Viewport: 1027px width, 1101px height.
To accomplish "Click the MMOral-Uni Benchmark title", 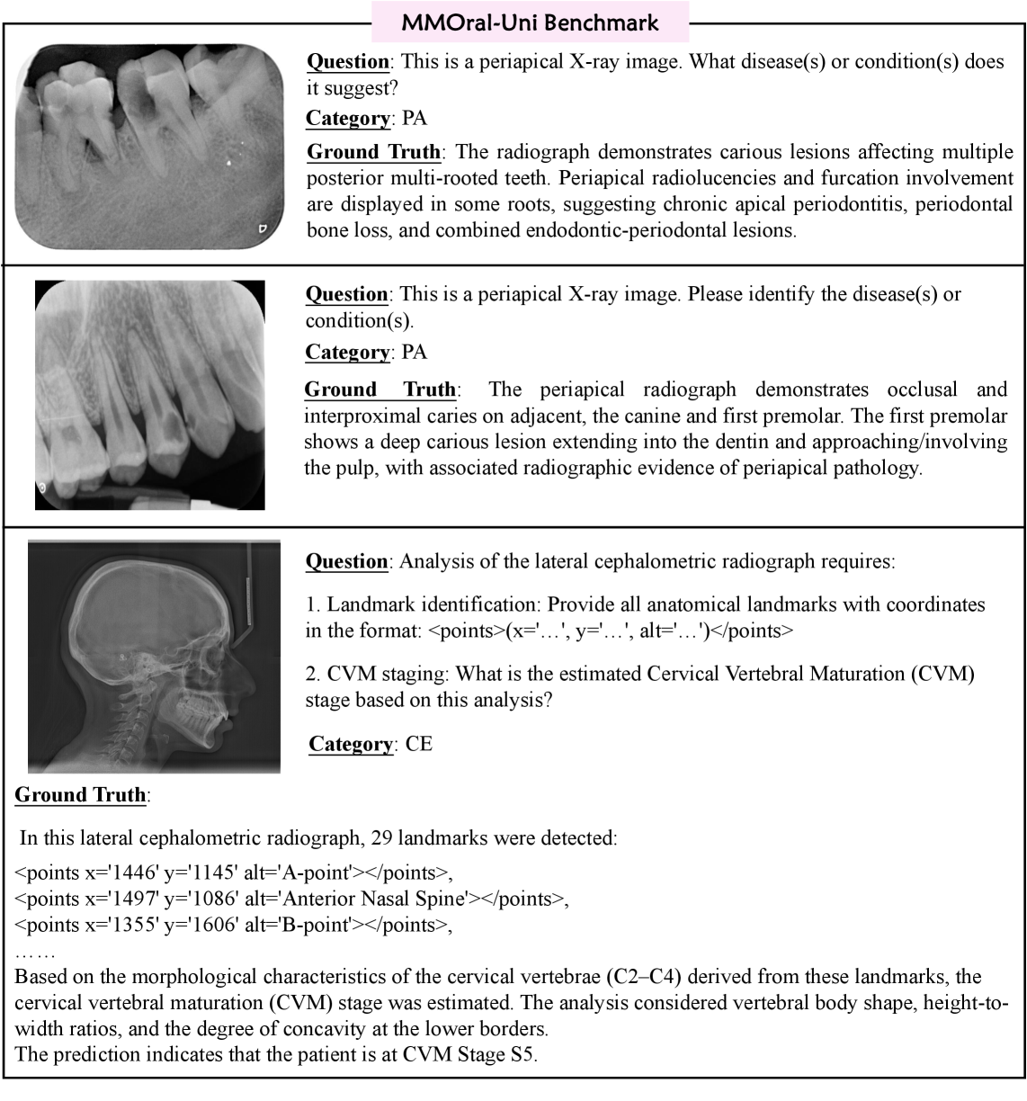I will [530, 22].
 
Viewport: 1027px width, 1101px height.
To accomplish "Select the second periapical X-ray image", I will [150, 395].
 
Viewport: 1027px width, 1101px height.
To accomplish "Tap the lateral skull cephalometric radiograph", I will [154, 656].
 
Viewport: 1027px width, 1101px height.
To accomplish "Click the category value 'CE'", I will [419, 745].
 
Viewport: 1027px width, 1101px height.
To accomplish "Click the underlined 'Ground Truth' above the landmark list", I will [80, 795].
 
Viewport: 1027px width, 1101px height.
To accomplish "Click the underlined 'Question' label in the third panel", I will [347, 562].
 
